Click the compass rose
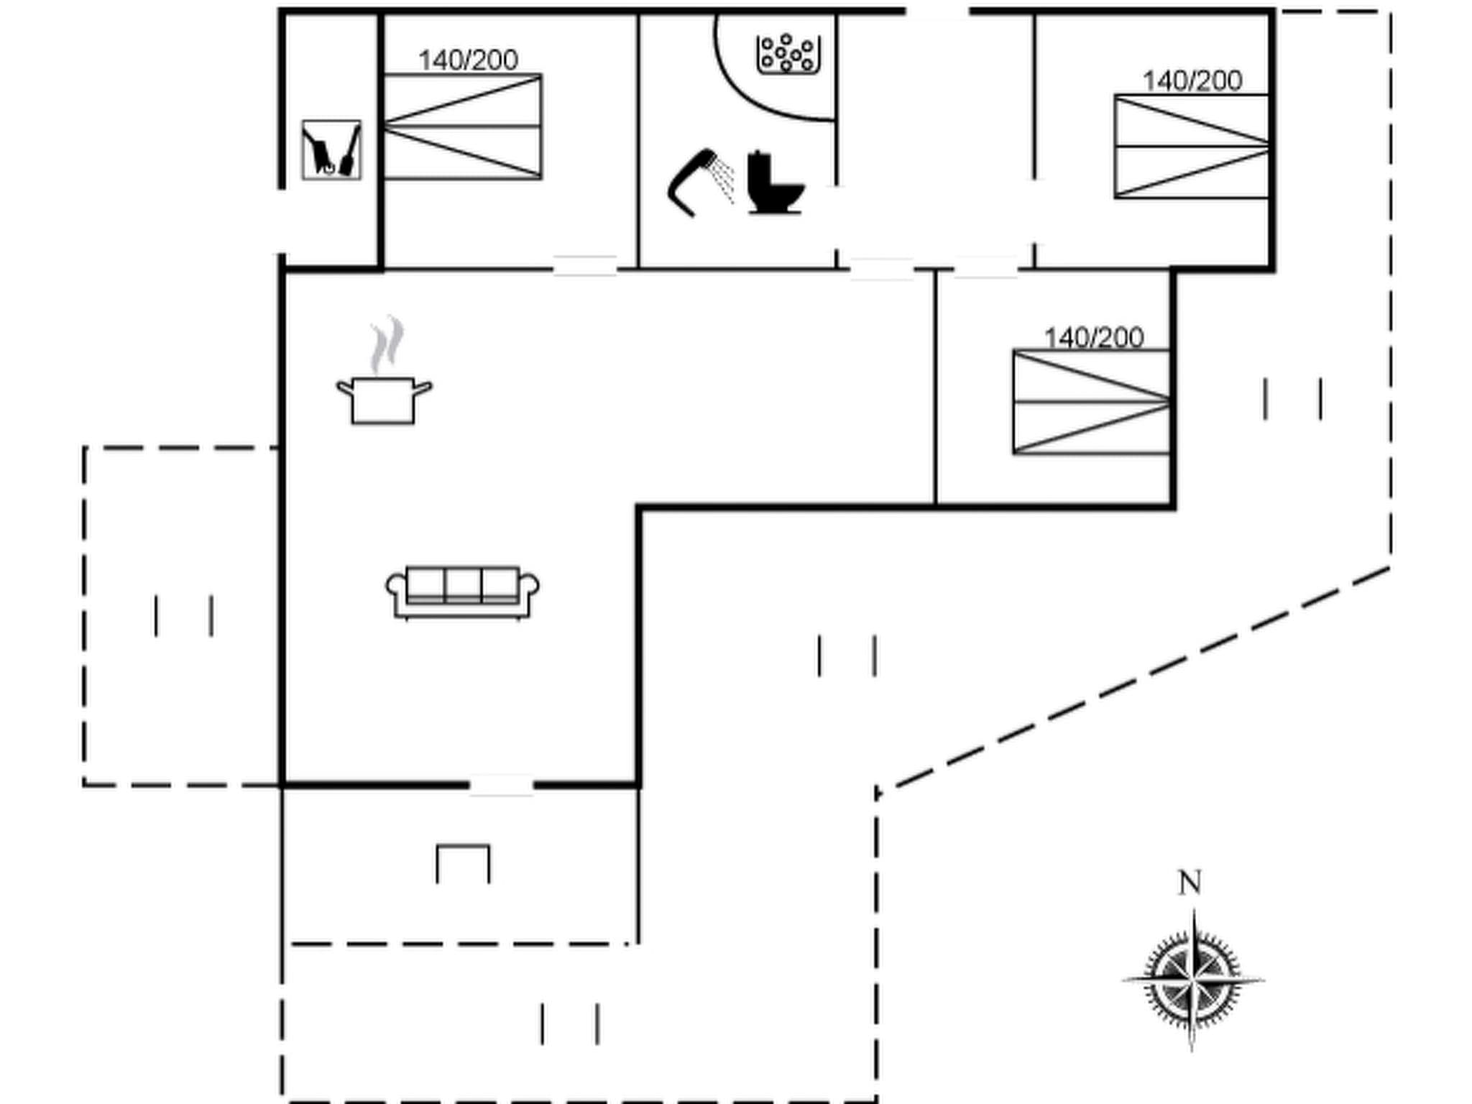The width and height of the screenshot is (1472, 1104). [1192, 979]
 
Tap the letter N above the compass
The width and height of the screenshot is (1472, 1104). [1190, 882]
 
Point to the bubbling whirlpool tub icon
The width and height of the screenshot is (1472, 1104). [788, 54]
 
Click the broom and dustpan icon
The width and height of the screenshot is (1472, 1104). [331, 149]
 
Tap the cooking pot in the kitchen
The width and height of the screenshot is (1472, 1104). [384, 400]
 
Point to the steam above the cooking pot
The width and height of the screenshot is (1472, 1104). [387, 344]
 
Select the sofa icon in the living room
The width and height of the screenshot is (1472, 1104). [463, 592]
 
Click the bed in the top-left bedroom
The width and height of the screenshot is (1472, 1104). [463, 126]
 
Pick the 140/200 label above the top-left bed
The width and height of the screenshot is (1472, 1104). [468, 60]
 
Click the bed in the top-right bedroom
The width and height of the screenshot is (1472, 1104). [1191, 147]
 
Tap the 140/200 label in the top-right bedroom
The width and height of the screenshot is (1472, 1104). [1192, 81]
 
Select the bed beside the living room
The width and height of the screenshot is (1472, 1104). [1090, 402]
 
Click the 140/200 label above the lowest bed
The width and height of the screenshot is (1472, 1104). [1093, 338]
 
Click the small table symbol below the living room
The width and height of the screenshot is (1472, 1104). [463, 862]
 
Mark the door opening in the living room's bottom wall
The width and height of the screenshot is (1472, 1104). [501, 785]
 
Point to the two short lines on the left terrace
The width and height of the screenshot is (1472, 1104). [183, 615]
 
